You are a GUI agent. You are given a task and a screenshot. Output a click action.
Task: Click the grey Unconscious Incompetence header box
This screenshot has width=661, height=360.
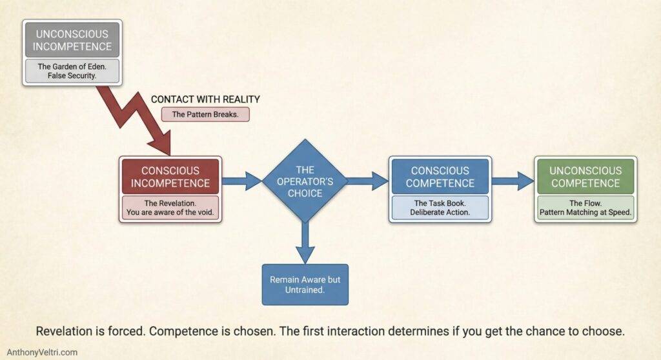tap(73, 40)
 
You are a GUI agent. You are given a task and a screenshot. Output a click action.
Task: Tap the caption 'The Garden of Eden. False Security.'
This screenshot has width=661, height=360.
tap(73, 72)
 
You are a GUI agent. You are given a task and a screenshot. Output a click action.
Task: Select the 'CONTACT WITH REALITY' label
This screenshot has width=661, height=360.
tap(205, 99)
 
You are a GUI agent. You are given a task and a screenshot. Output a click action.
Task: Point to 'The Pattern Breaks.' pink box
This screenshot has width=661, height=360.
tap(205, 114)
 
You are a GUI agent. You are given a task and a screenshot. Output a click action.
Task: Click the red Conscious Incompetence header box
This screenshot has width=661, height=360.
tap(171, 176)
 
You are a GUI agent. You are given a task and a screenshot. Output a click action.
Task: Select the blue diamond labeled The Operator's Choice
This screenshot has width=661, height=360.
tap(305, 181)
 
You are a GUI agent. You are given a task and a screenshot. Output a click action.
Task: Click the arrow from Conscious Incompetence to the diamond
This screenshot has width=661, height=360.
tap(241, 181)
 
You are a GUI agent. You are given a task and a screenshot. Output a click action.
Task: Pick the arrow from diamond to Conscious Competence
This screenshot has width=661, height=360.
tap(367, 181)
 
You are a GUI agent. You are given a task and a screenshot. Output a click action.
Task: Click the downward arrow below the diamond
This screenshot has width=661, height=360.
tap(305, 243)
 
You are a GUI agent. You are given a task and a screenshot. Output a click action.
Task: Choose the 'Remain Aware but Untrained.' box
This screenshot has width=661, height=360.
tap(305, 284)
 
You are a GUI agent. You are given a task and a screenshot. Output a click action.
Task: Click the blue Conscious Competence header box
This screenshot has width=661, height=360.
tap(440, 176)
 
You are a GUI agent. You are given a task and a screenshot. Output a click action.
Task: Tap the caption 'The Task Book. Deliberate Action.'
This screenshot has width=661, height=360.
tap(440, 207)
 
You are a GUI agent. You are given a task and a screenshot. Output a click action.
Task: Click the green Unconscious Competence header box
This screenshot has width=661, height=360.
tap(585, 176)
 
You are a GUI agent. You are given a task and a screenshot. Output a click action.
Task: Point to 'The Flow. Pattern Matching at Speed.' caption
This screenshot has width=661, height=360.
tap(585, 207)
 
